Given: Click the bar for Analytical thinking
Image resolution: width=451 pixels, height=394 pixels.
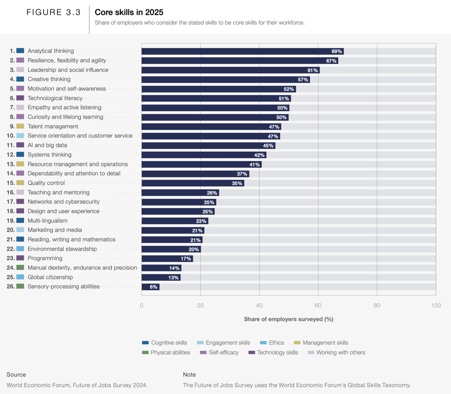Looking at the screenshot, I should [242, 51].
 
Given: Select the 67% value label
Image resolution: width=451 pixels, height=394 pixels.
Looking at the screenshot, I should [331, 61].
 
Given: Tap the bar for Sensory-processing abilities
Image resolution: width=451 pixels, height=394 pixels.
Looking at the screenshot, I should [150, 287].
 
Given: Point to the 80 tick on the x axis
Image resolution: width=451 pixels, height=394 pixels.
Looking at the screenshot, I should [377, 305].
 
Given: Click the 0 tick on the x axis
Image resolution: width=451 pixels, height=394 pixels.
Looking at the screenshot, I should [141, 305].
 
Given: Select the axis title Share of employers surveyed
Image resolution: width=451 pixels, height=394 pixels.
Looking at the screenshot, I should [288, 319].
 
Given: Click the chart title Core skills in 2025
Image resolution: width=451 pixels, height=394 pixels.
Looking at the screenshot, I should [129, 12].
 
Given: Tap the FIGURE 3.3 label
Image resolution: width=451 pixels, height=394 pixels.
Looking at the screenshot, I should [53, 12].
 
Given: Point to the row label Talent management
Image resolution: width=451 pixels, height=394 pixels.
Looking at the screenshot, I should [53, 126].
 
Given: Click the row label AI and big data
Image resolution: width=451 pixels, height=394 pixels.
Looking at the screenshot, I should [47, 145].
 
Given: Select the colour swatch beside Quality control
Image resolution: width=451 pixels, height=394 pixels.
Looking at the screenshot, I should [20, 183].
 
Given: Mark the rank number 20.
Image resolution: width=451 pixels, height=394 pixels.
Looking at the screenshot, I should [10, 230].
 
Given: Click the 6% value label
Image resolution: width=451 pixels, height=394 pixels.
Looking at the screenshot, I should [154, 287].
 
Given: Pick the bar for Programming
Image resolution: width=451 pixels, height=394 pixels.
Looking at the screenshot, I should [167, 259].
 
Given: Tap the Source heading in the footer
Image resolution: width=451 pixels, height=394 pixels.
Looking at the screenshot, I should [16, 374].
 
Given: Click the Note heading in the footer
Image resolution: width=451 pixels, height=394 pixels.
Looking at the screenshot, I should [189, 374].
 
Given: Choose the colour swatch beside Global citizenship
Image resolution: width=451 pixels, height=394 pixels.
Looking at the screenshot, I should [20, 277].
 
